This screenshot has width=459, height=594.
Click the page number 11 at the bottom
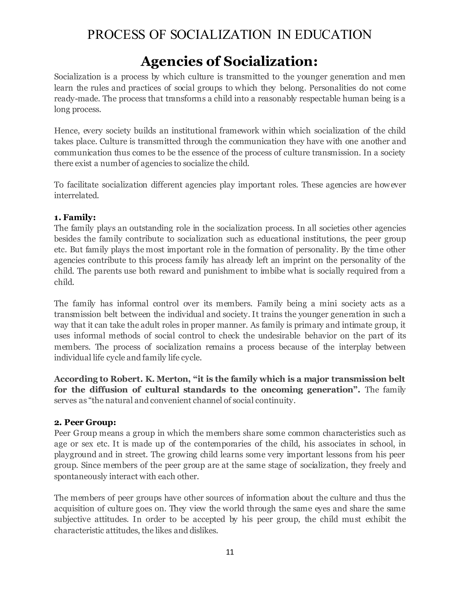coord(230,552)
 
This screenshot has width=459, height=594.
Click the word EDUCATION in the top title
coord(333,35)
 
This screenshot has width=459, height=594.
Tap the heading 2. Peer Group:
coord(85,422)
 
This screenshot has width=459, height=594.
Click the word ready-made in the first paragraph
coord(74,98)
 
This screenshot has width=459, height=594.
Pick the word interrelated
coord(76,195)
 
